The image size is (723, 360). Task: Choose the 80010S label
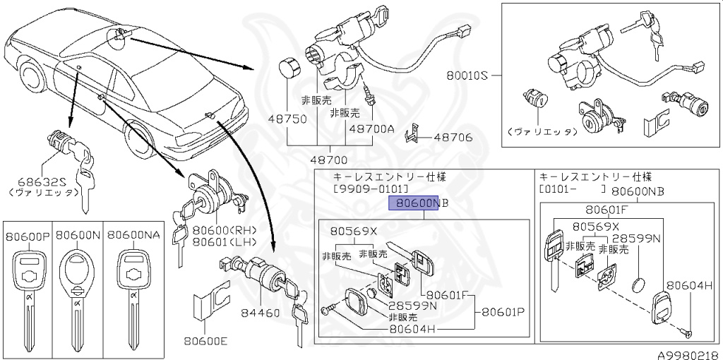click(x=467, y=74)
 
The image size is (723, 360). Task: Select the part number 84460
click(x=259, y=313)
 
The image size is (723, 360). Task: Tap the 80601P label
click(x=502, y=311)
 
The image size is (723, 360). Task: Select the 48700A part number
click(x=371, y=129)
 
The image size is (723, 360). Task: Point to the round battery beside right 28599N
click(x=638, y=285)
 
